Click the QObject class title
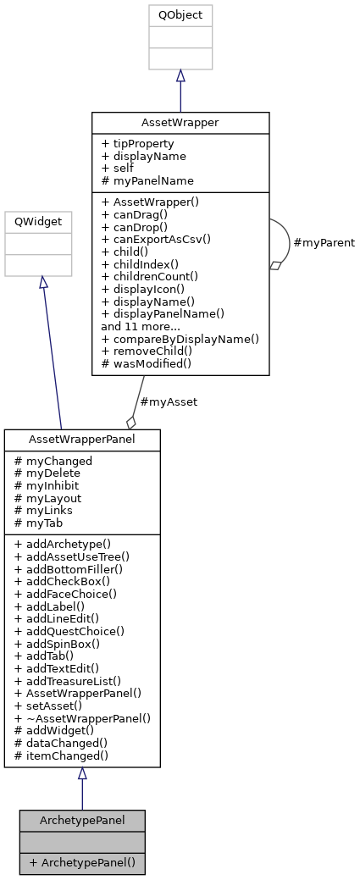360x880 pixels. point(180,15)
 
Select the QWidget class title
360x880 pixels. point(36,222)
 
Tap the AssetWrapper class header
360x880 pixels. point(180,123)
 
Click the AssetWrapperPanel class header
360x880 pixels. point(82,440)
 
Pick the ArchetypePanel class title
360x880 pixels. point(82,821)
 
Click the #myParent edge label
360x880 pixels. point(323,243)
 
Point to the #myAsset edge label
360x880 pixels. point(168,402)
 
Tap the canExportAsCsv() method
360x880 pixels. point(153,239)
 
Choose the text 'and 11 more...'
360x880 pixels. point(140,325)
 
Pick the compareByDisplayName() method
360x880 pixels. point(180,338)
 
